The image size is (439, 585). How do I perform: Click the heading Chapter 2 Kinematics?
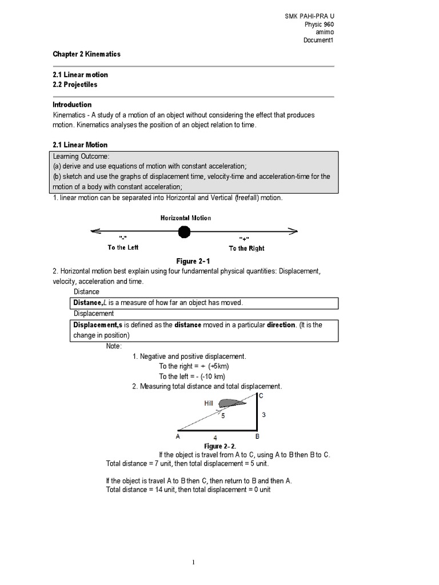(x=86, y=54)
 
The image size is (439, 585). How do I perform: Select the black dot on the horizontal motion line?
(x=184, y=231)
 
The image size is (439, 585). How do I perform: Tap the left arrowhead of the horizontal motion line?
(x=95, y=231)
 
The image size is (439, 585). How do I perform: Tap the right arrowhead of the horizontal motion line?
(x=293, y=231)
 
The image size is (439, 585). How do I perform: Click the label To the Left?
(x=123, y=247)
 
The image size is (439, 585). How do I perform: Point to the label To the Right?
(x=246, y=248)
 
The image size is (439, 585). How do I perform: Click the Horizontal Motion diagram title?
(x=185, y=218)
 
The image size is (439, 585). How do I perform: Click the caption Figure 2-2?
(x=220, y=446)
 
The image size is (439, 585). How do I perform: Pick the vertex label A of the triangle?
(x=178, y=436)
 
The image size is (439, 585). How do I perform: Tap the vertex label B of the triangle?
(x=257, y=436)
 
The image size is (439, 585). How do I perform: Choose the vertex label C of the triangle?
(x=261, y=395)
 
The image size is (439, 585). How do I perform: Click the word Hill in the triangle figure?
(x=209, y=403)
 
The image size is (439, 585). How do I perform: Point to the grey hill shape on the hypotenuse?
(x=232, y=403)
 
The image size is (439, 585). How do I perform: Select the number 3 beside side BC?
(x=264, y=415)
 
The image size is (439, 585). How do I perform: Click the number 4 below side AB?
(x=215, y=438)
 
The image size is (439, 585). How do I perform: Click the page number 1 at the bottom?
(x=193, y=562)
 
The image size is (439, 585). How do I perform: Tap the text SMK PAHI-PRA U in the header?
(x=309, y=17)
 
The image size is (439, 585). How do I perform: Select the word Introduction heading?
(x=72, y=105)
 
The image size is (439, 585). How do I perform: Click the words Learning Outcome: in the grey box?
(x=80, y=157)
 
